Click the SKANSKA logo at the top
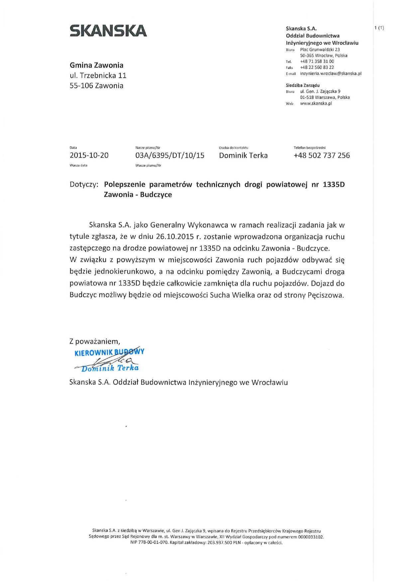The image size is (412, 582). point(108,31)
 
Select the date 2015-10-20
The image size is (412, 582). point(89,155)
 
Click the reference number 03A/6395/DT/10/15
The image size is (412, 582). point(170,155)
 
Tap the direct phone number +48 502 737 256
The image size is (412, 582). point(322,155)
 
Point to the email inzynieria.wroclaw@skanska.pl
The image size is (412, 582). point(331,73)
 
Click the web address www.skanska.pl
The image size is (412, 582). point(316,103)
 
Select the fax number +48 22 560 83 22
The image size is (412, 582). point(317,67)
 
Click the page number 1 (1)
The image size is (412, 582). point(379,28)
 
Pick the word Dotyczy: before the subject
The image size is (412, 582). point(84,184)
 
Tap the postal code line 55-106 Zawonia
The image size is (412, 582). point(96,86)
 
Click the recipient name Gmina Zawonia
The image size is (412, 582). point(96,65)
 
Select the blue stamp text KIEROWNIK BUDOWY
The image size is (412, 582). point(109,352)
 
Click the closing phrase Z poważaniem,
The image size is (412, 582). point(95,341)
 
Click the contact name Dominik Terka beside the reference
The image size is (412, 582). point(243,155)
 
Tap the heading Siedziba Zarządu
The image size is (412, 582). point(303,85)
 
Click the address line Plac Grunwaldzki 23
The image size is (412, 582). point(320,49)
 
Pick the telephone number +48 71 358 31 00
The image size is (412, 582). point(317,61)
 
